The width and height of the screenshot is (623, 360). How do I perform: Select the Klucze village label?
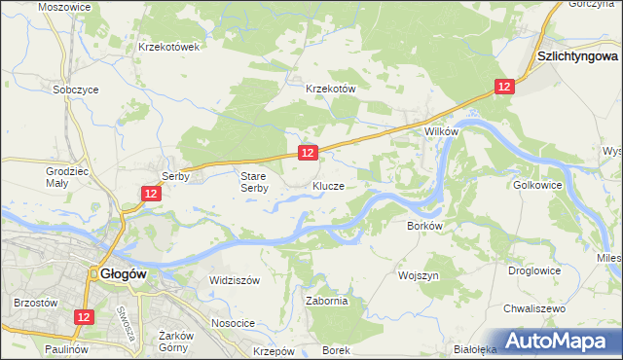328,184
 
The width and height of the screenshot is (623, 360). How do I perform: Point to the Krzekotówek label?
169,46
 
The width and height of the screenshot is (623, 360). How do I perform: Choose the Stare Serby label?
254,182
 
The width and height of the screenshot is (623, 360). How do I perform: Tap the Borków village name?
425,225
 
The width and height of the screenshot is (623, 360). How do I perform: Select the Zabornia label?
326,302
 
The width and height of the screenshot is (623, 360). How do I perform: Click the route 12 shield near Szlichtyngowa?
502,88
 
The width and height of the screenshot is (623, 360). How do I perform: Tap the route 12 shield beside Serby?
150,195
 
